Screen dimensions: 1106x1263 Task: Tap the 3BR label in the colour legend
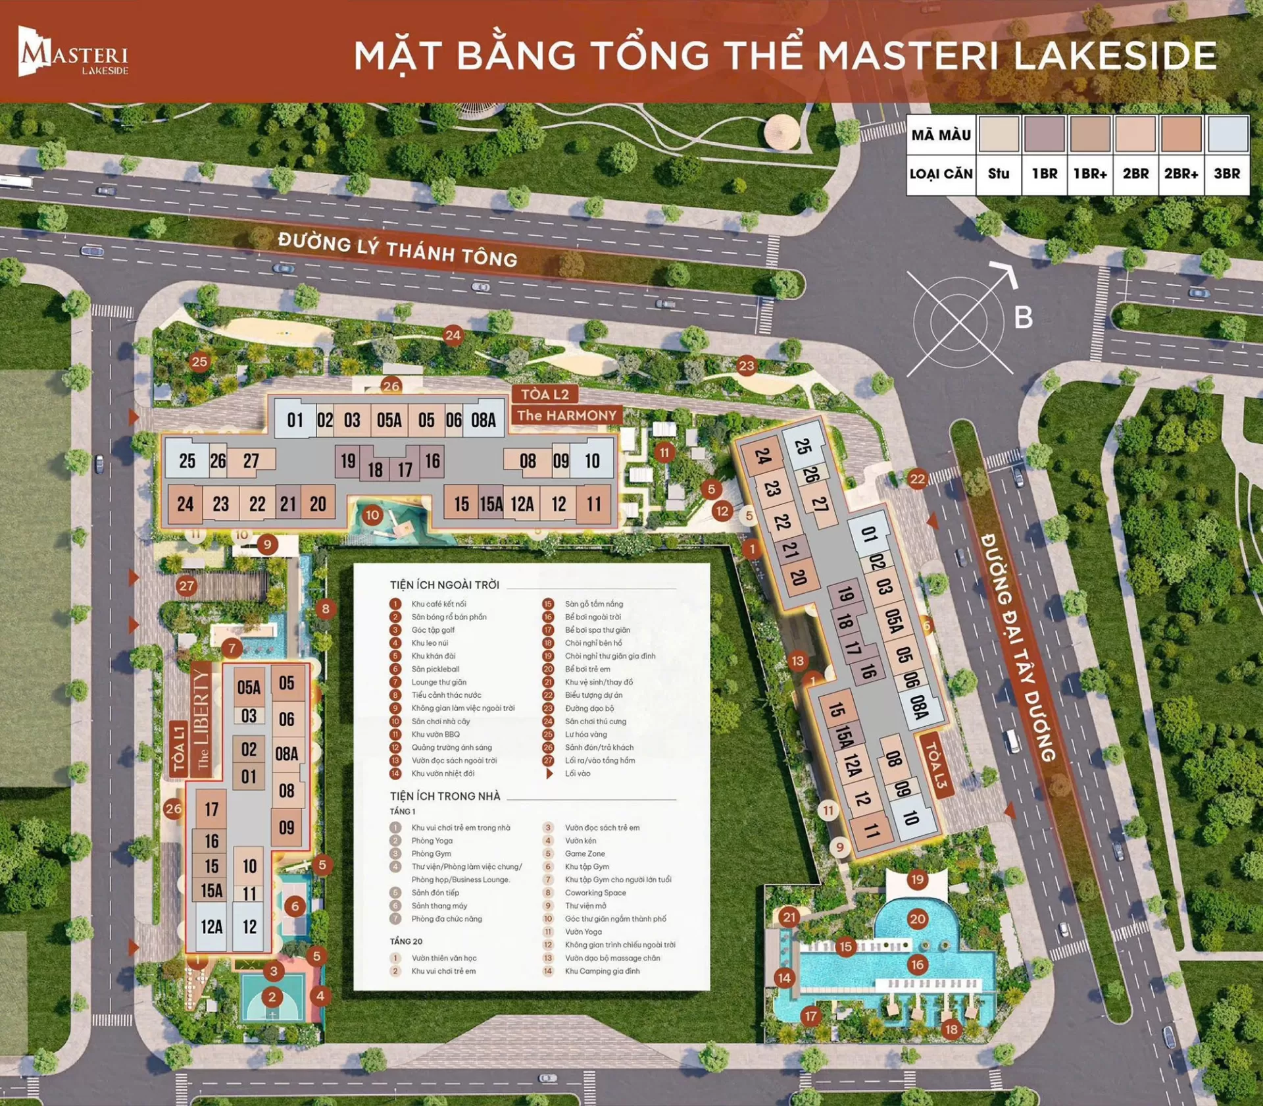[1227, 174]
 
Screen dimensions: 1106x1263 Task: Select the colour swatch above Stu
[999, 134]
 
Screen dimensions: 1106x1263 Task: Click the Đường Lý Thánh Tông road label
[397, 250]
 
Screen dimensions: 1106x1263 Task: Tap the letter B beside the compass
[1023, 317]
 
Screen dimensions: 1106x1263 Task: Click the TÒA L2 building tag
[545, 394]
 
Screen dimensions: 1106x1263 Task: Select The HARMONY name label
[566, 415]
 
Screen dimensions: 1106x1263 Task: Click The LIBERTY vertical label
[201, 720]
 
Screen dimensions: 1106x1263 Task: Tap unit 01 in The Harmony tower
[295, 420]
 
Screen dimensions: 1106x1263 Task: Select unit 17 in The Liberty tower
[211, 809]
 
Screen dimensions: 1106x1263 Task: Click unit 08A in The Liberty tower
[287, 754]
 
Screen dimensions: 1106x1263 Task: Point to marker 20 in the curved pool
[917, 919]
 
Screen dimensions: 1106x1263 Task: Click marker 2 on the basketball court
[272, 997]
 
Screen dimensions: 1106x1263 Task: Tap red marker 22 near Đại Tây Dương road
[917, 479]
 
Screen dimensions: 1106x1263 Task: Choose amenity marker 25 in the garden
[199, 361]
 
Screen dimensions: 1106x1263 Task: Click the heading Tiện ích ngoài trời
[445, 585]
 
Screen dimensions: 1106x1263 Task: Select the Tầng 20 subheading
[406, 941]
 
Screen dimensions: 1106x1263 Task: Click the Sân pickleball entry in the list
[435, 669]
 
